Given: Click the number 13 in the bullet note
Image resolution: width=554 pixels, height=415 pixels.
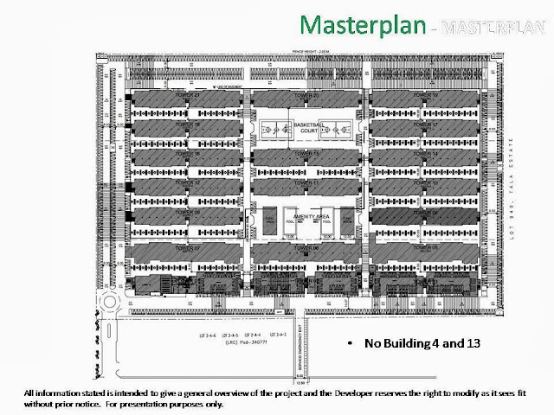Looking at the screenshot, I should click(476, 343).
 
